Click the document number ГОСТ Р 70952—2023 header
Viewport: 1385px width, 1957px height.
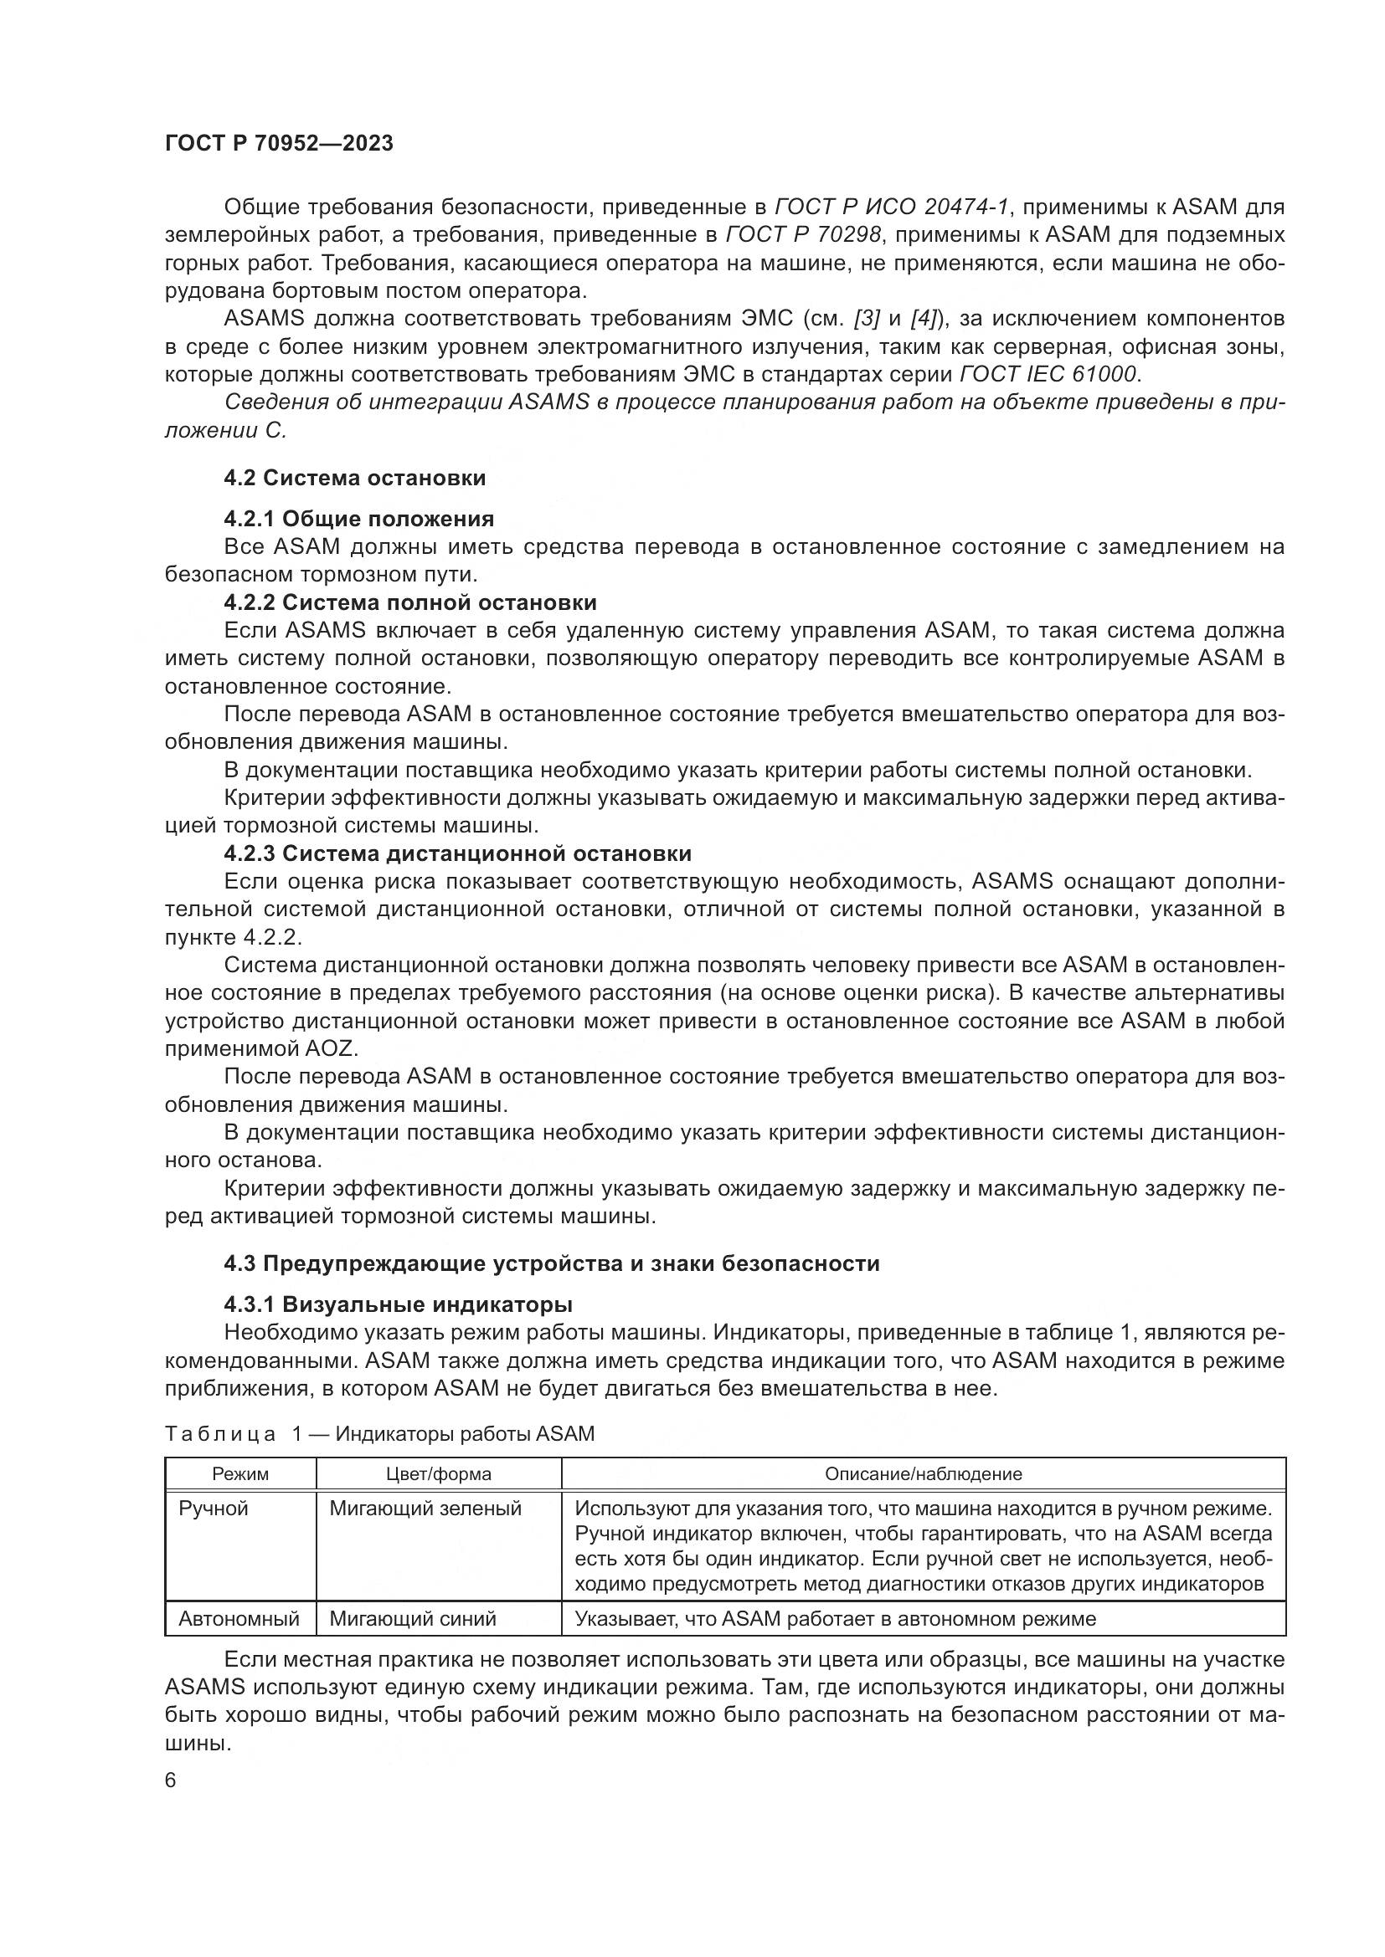click(x=279, y=143)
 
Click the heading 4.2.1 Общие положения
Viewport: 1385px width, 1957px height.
click(x=359, y=519)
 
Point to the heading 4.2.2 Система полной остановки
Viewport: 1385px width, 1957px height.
click(x=410, y=602)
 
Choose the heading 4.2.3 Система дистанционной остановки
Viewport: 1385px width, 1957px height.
click(x=457, y=853)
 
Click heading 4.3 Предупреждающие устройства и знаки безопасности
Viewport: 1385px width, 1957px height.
click(x=552, y=1263)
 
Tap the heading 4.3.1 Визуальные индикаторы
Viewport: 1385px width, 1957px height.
click(x=399, y=1304)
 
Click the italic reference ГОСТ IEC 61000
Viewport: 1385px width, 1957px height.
click(x=1048, y=374)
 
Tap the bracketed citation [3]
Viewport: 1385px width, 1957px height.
click(x=867, y=319)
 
